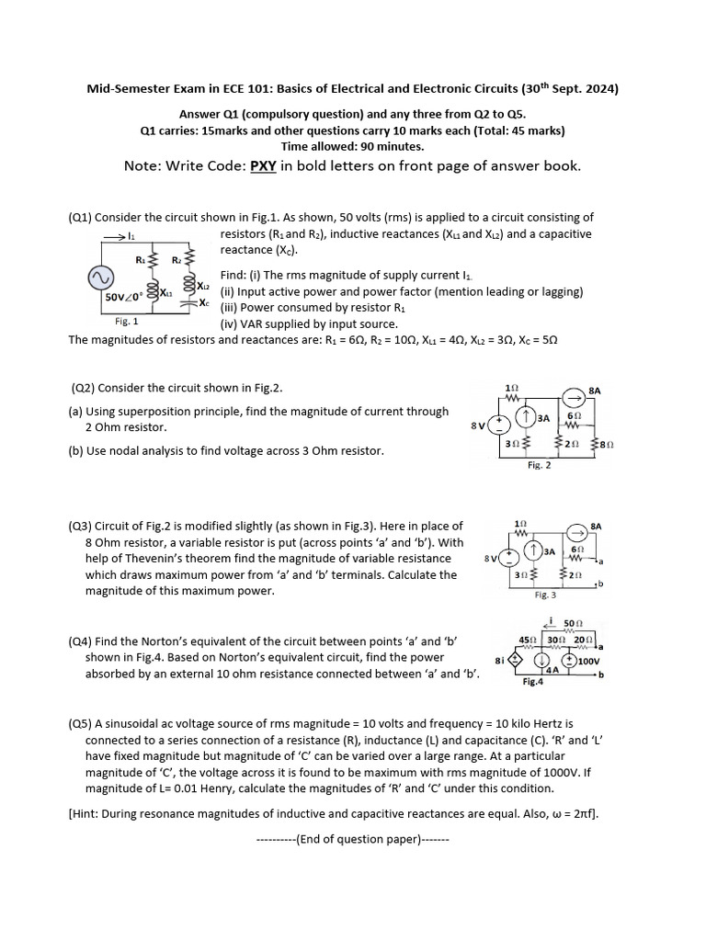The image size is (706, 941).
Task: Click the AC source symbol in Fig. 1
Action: (x=99, y=278)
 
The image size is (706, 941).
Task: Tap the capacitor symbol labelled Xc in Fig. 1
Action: (x=189, y=302)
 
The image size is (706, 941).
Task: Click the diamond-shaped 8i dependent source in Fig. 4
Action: (x=515, y=660)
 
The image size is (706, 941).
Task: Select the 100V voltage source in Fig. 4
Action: (x=569, y=660)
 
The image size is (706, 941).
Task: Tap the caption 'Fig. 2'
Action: (x=540, y=466)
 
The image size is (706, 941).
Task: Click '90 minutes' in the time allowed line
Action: (x=393, y=146)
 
